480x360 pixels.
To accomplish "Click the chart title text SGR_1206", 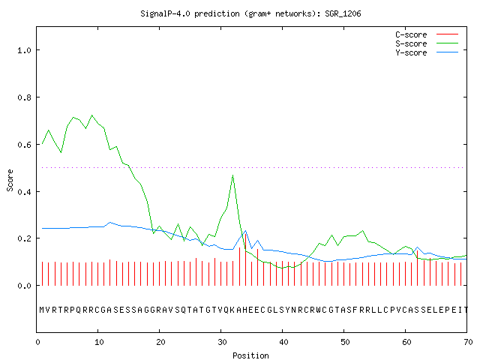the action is pos(343,13).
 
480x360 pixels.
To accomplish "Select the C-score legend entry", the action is pos(427,34).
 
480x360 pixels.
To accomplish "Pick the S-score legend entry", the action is pos(427,43).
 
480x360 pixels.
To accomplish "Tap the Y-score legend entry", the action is pos(427,52).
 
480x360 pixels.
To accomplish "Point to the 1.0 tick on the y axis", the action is pos(25,50).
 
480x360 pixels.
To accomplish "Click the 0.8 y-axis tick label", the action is pos(25,97).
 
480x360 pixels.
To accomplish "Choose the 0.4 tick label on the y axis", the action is pos(25,192).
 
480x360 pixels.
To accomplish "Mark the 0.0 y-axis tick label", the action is pos(25,286).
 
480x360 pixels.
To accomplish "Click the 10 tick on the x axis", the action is pos(99,342).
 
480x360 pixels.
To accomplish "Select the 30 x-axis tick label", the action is pos(222,342).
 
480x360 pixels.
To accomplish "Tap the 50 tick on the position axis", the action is pos(345,342).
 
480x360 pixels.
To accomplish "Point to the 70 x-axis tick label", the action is pos(468,342).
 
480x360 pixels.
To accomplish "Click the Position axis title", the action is pos(250,355).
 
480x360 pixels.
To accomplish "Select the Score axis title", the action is pos(10,180).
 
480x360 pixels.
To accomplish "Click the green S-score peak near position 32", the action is pos(233,175).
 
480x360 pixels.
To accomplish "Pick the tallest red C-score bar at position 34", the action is pos(245,259).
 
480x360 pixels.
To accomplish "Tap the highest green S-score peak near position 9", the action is pos(91,115).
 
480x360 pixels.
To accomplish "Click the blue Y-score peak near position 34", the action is pos(245,231).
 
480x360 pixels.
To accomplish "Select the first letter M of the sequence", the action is pos(42,310).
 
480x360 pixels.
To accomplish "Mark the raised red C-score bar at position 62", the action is pos(417,268).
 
